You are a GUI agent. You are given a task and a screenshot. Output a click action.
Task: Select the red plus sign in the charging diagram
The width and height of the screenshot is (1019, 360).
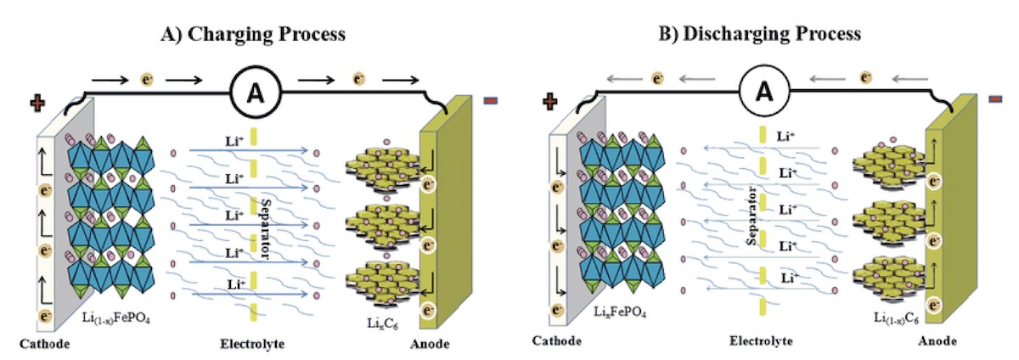click(37, 106)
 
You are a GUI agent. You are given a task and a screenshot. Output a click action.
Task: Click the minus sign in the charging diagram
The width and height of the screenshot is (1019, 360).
click(491, 101)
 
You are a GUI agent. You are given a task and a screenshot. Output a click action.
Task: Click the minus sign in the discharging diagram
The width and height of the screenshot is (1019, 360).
click(996, 99)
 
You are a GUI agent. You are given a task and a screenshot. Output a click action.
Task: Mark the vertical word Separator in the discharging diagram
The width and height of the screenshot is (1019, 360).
click(751, 217)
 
